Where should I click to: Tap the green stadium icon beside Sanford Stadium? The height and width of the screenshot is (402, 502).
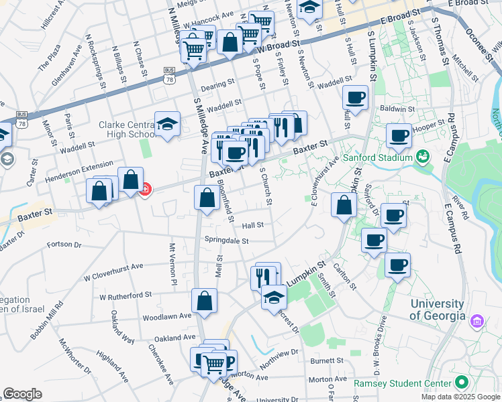pos(422,157)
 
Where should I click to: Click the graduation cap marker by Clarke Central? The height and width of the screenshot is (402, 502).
pos(167,124)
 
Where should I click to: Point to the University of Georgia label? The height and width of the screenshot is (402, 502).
pos(438,310)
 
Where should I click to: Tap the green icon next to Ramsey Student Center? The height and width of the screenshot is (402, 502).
pos(460,383)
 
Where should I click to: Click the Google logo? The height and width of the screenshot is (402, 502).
pos(22,394)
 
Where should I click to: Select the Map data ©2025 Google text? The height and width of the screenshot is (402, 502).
pos(460,397)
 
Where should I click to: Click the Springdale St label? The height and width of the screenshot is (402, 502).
pos(227,241)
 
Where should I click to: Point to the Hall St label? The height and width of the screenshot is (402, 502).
pos(253,226)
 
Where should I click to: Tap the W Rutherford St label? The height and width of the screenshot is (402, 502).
pos(125,295)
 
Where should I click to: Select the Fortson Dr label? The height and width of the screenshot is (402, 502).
pos(64,245)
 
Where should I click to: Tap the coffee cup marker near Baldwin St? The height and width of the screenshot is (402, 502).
pos(355,98)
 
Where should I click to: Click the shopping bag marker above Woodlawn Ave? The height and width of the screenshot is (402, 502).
pos(204,301)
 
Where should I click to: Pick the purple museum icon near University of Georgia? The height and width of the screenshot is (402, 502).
pos(477,321)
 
